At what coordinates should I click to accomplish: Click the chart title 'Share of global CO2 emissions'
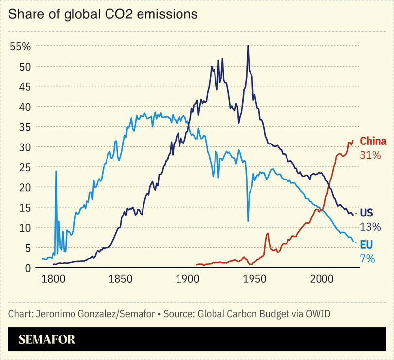pos(103,14)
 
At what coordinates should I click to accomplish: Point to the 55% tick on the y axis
pos(21,47)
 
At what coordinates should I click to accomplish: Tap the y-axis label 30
pos(25,147)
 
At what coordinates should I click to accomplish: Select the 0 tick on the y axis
pos(28,268)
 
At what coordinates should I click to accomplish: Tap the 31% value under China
pos(370,155)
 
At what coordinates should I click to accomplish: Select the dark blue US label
pos(366,213)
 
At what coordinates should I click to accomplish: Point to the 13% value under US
pos(370,227)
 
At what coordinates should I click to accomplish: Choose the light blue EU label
pos(366,245)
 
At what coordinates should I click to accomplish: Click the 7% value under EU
pos(368,259)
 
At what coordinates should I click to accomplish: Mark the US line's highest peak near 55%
pos(248,46)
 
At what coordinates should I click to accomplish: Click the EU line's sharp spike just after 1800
pos(56,172)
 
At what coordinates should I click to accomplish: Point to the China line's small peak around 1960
pos(267,233)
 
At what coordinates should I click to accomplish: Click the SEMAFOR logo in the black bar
pos(47,340)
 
